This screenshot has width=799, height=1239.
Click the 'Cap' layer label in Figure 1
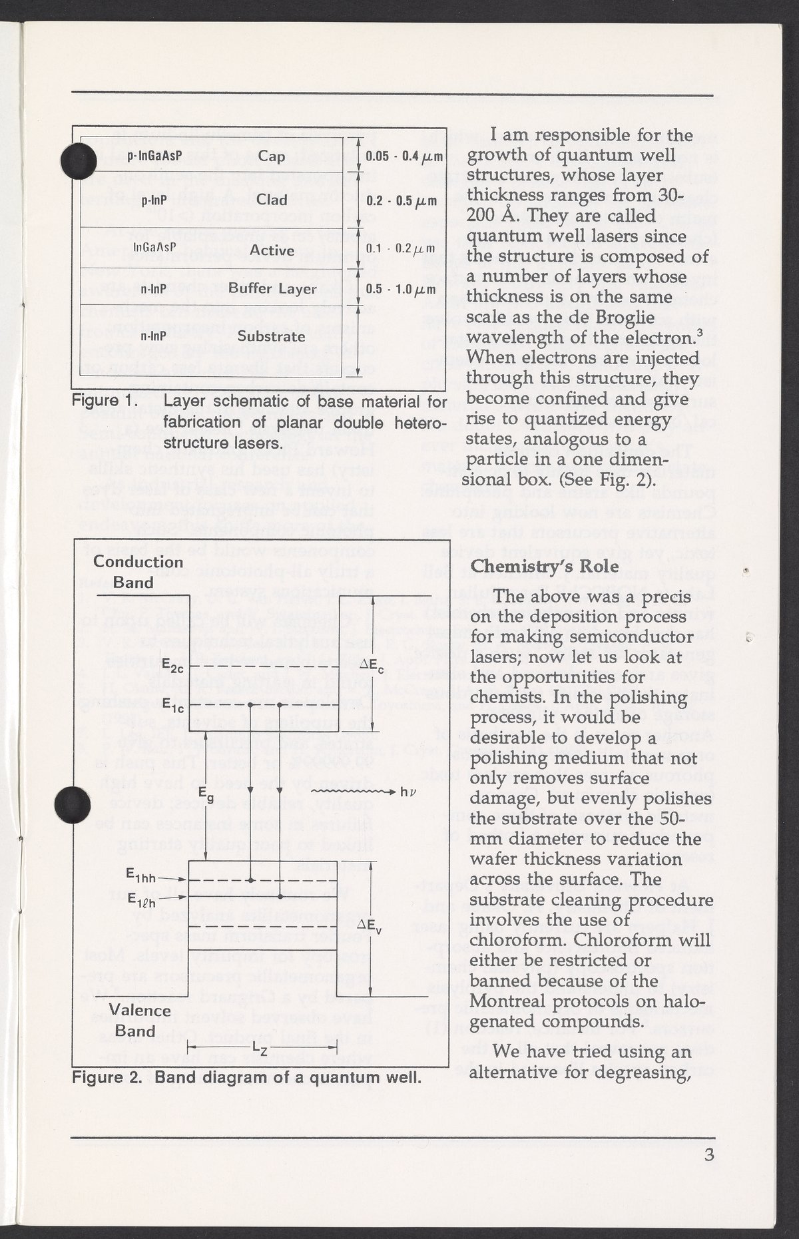tap(272, 157)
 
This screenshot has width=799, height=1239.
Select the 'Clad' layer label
tap(272, 200)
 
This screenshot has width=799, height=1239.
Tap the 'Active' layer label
tap(272, 250)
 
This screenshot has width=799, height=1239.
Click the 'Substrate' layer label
tap(272, 336)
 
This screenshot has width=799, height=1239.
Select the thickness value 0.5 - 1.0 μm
tap(401, 289)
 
